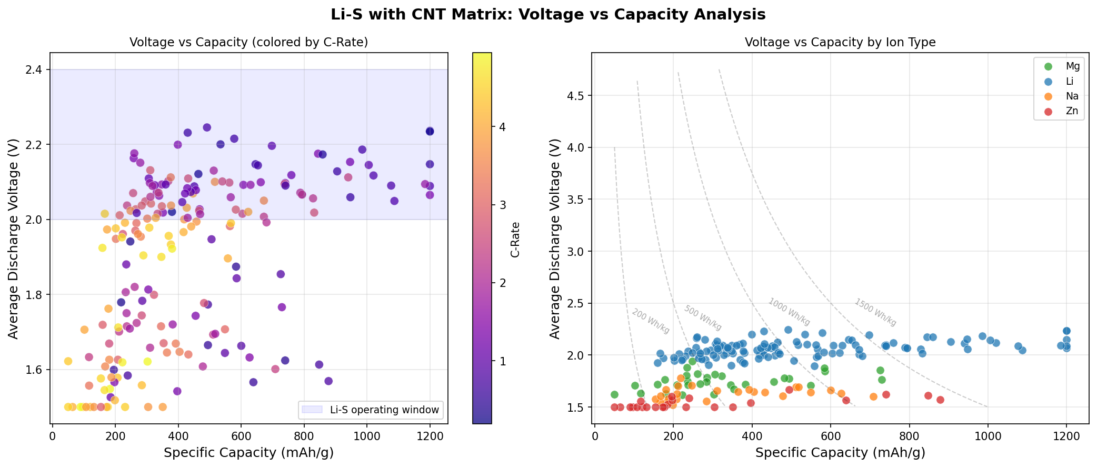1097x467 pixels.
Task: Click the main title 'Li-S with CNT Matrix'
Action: click(x=548, y=15)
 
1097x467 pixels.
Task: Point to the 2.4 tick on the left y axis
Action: click(x=35, y=70)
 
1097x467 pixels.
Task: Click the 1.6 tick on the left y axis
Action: click(x=35, y=370)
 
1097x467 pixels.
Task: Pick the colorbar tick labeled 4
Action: click(x=502, y=127)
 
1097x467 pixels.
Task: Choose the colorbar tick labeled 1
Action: click(x=502, y=361)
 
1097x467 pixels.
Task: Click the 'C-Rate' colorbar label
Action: click(x=515, y=240)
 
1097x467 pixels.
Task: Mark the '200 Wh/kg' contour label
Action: click(x=651, y=321)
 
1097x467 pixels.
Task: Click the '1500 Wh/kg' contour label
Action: click(x=875, y=312)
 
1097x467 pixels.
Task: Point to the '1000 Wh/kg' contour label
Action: click(x=789, y=312)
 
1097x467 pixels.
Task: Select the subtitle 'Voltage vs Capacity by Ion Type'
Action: click(x=840, y=43)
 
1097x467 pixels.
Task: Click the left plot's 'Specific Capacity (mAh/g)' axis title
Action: click(x=249, y=453)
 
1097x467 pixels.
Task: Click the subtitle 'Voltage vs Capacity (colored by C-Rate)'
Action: click(x=249, y=43)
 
